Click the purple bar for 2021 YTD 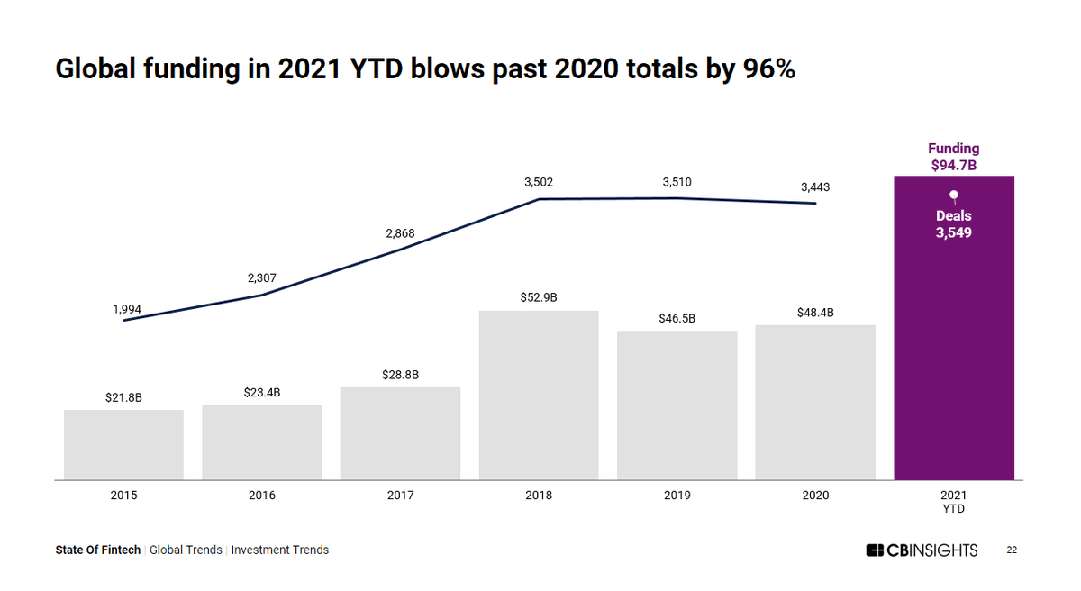953,360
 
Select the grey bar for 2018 539,396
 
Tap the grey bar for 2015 123,445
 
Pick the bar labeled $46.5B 677,405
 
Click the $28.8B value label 400,375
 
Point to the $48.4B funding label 815,313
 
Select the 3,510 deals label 677,182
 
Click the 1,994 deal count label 127,309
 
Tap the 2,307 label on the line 262,278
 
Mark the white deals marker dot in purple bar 953,194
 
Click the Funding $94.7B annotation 953,157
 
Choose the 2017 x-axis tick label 400,496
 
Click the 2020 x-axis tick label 815,496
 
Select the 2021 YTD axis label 953,502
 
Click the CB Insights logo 922,550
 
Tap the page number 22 1012,550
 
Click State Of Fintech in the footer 98,550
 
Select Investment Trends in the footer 280,550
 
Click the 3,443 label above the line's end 815,187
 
